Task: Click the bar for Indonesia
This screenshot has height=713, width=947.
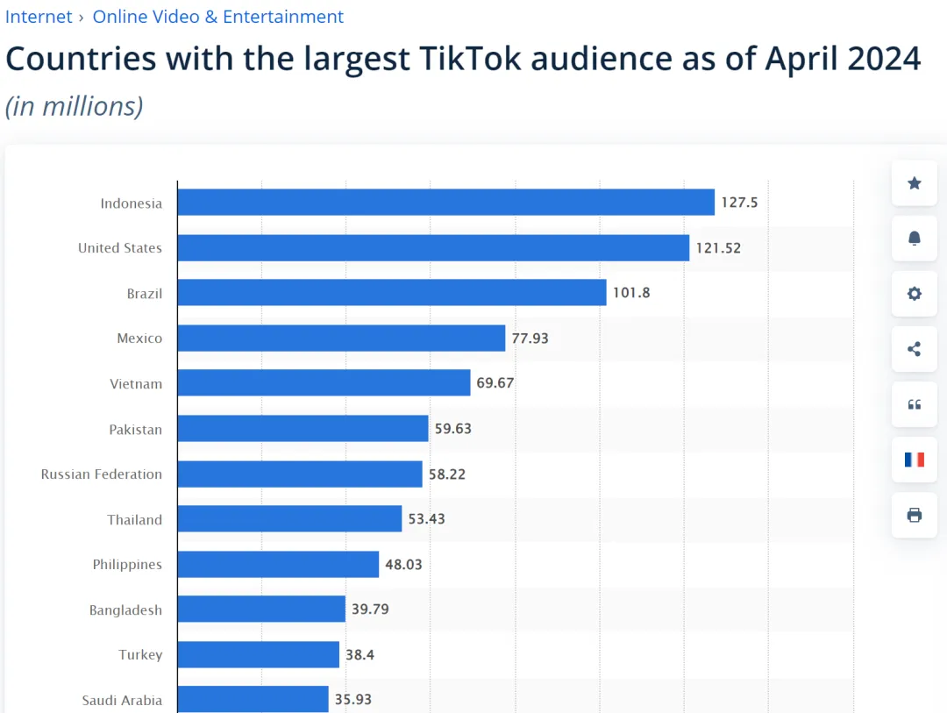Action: pyautogui.click(x=445, y=203)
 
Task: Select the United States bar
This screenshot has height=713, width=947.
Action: pyautogui.click(x=433, y=248)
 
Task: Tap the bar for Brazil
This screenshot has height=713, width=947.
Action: pyautogui.click(x=391, y=293)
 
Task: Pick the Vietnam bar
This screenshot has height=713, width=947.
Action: pyautogui.click(x=324, y=383)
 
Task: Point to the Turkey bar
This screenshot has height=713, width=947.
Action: pyautogui.click(x=258, y=654)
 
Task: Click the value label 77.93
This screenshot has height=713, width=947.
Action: pyautogui.click(x=530, y=338)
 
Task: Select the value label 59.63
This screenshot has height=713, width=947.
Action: pyautogui.click(x=452, y=429)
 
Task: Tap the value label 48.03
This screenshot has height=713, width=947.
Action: pyautogui.click(x=403, y=564)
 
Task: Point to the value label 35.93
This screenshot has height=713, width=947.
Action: pyautogui.click(x=353, y=700)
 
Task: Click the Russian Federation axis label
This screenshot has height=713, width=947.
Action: pyautogui.click(x=102, y=474)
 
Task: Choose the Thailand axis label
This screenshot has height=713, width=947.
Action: pyautogui.click(x=135, y=519)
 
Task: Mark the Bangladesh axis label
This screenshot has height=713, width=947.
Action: pyautogui.click(x=125, y=610)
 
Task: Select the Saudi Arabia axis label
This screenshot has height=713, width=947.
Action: pyautogui.click(x=122, y=700)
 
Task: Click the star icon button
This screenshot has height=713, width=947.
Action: pyautogui.click(x=915, y=183)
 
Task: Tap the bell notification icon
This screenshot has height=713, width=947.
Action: pyautogui.click(x=915, y=239)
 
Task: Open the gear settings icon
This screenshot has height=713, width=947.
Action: pyautogui.click(x=915, y=294)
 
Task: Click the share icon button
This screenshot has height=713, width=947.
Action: pyautogui.click(x=915, y=349)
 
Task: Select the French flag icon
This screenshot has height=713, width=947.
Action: pyautogui.click(x=915, y=460)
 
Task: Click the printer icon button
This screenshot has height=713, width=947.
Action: pyautogui.click(x=915, y=515)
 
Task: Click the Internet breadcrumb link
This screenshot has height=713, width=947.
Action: pyautogui.click(x=39, y=17)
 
